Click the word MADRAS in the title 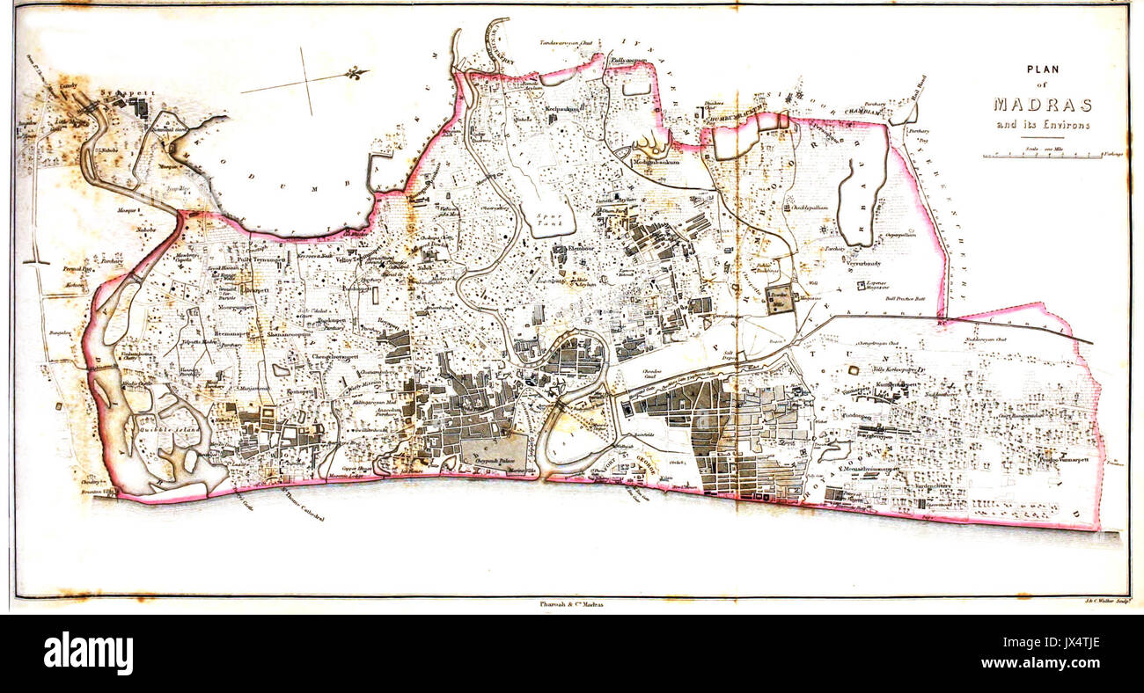1043,105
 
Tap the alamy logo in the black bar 88,654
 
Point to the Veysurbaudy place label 870,262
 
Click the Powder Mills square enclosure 779,300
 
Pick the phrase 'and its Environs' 1043,125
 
